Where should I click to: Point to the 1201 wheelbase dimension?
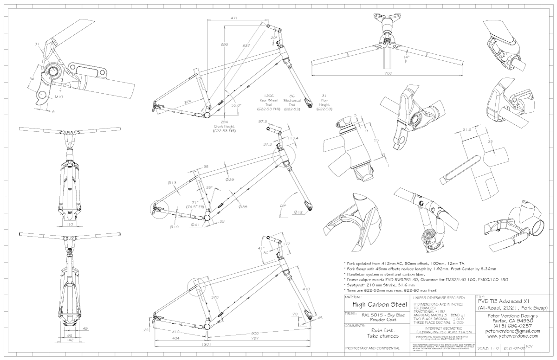click(207, 345)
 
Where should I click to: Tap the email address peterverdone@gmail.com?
click(512, 331)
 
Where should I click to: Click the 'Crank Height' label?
click(224, 127)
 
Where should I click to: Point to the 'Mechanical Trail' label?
click(291, 100)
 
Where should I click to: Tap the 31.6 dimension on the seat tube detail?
click(466, 130)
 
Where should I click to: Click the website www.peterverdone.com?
click(512, 336)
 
